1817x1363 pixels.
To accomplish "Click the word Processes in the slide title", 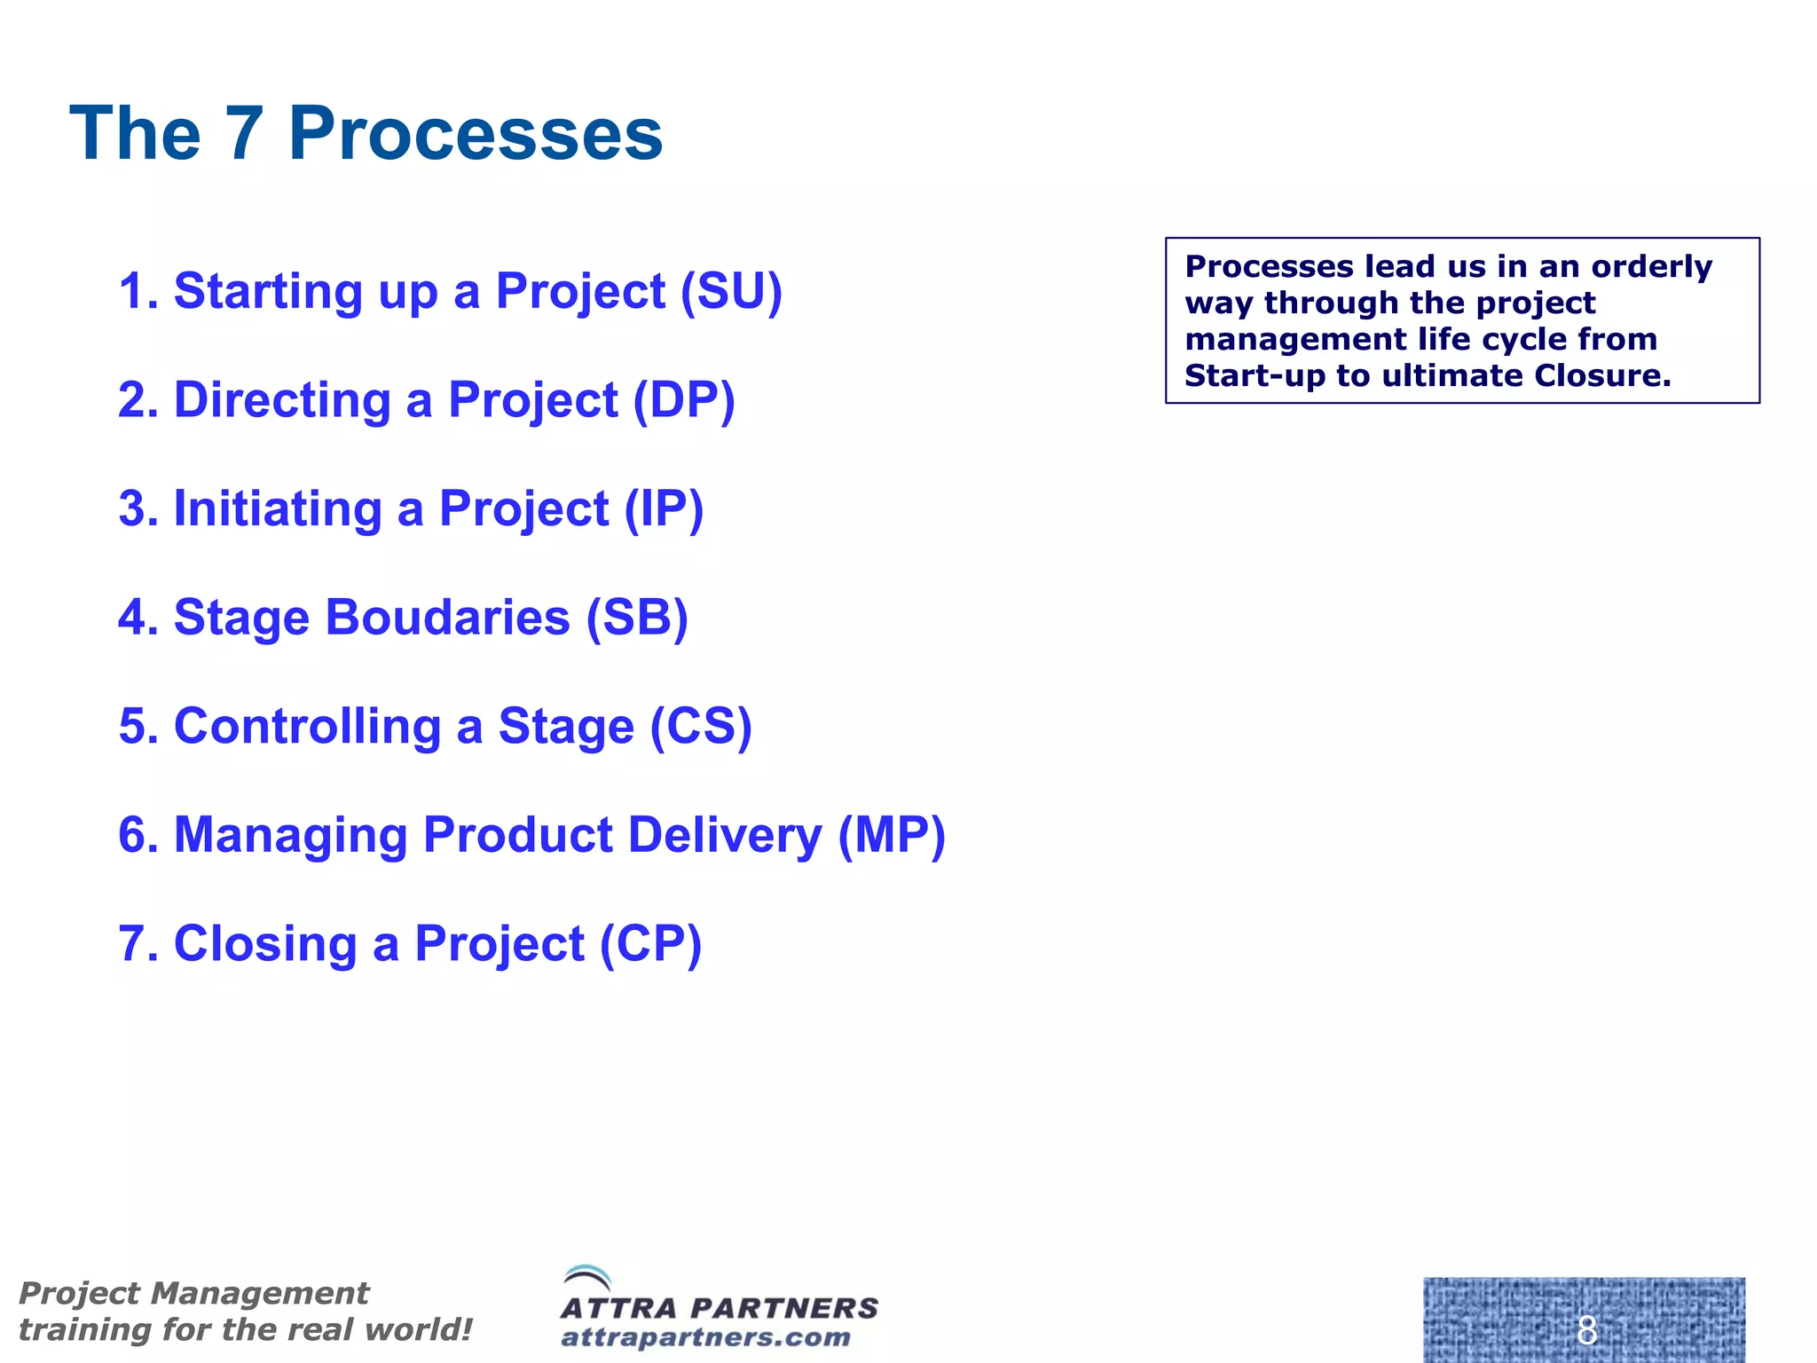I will (476, 134).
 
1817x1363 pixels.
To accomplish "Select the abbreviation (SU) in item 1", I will (731, 291).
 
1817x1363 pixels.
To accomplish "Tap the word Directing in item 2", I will (282, 400).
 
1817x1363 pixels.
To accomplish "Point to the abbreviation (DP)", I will (684, 400).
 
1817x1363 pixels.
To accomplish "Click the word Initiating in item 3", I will (277, 509).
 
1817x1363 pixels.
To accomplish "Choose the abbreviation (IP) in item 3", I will (664, 509).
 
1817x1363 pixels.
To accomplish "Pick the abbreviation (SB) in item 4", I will (637, 618).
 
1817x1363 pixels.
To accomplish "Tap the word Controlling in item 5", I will (307, 727).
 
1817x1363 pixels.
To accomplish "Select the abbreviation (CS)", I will (701, 727).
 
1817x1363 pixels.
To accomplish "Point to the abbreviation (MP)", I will (892, 835).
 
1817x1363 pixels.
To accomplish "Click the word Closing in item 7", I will (265, 944).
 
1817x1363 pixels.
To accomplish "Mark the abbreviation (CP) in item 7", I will (650, 944).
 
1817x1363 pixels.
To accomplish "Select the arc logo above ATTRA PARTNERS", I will (587, 1279).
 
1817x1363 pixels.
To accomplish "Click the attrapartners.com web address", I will (705, 1337).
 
